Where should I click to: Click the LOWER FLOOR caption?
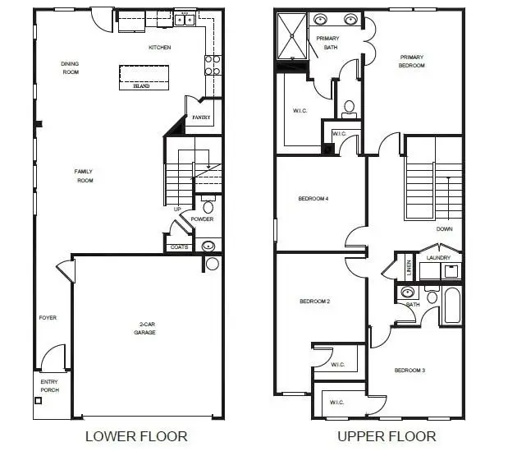pos(136,435)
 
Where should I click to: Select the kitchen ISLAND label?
pos(141,86)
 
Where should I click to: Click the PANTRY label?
pos(201,117)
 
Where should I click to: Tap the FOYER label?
pos(48,317)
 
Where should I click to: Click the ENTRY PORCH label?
pos(50,385)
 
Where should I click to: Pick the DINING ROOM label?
pos(71,67)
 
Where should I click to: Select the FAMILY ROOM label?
pos(83,175)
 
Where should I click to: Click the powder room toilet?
pos(207,206)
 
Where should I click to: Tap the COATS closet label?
pos(179,246)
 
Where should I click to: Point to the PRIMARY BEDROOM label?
pos(411,61)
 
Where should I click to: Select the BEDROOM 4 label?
pos(313,198)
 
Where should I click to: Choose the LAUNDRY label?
pos(439,257)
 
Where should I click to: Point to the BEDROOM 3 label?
pos(409,371)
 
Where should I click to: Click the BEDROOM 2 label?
pos(314,302)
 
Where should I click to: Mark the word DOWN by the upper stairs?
pos(444,229)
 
